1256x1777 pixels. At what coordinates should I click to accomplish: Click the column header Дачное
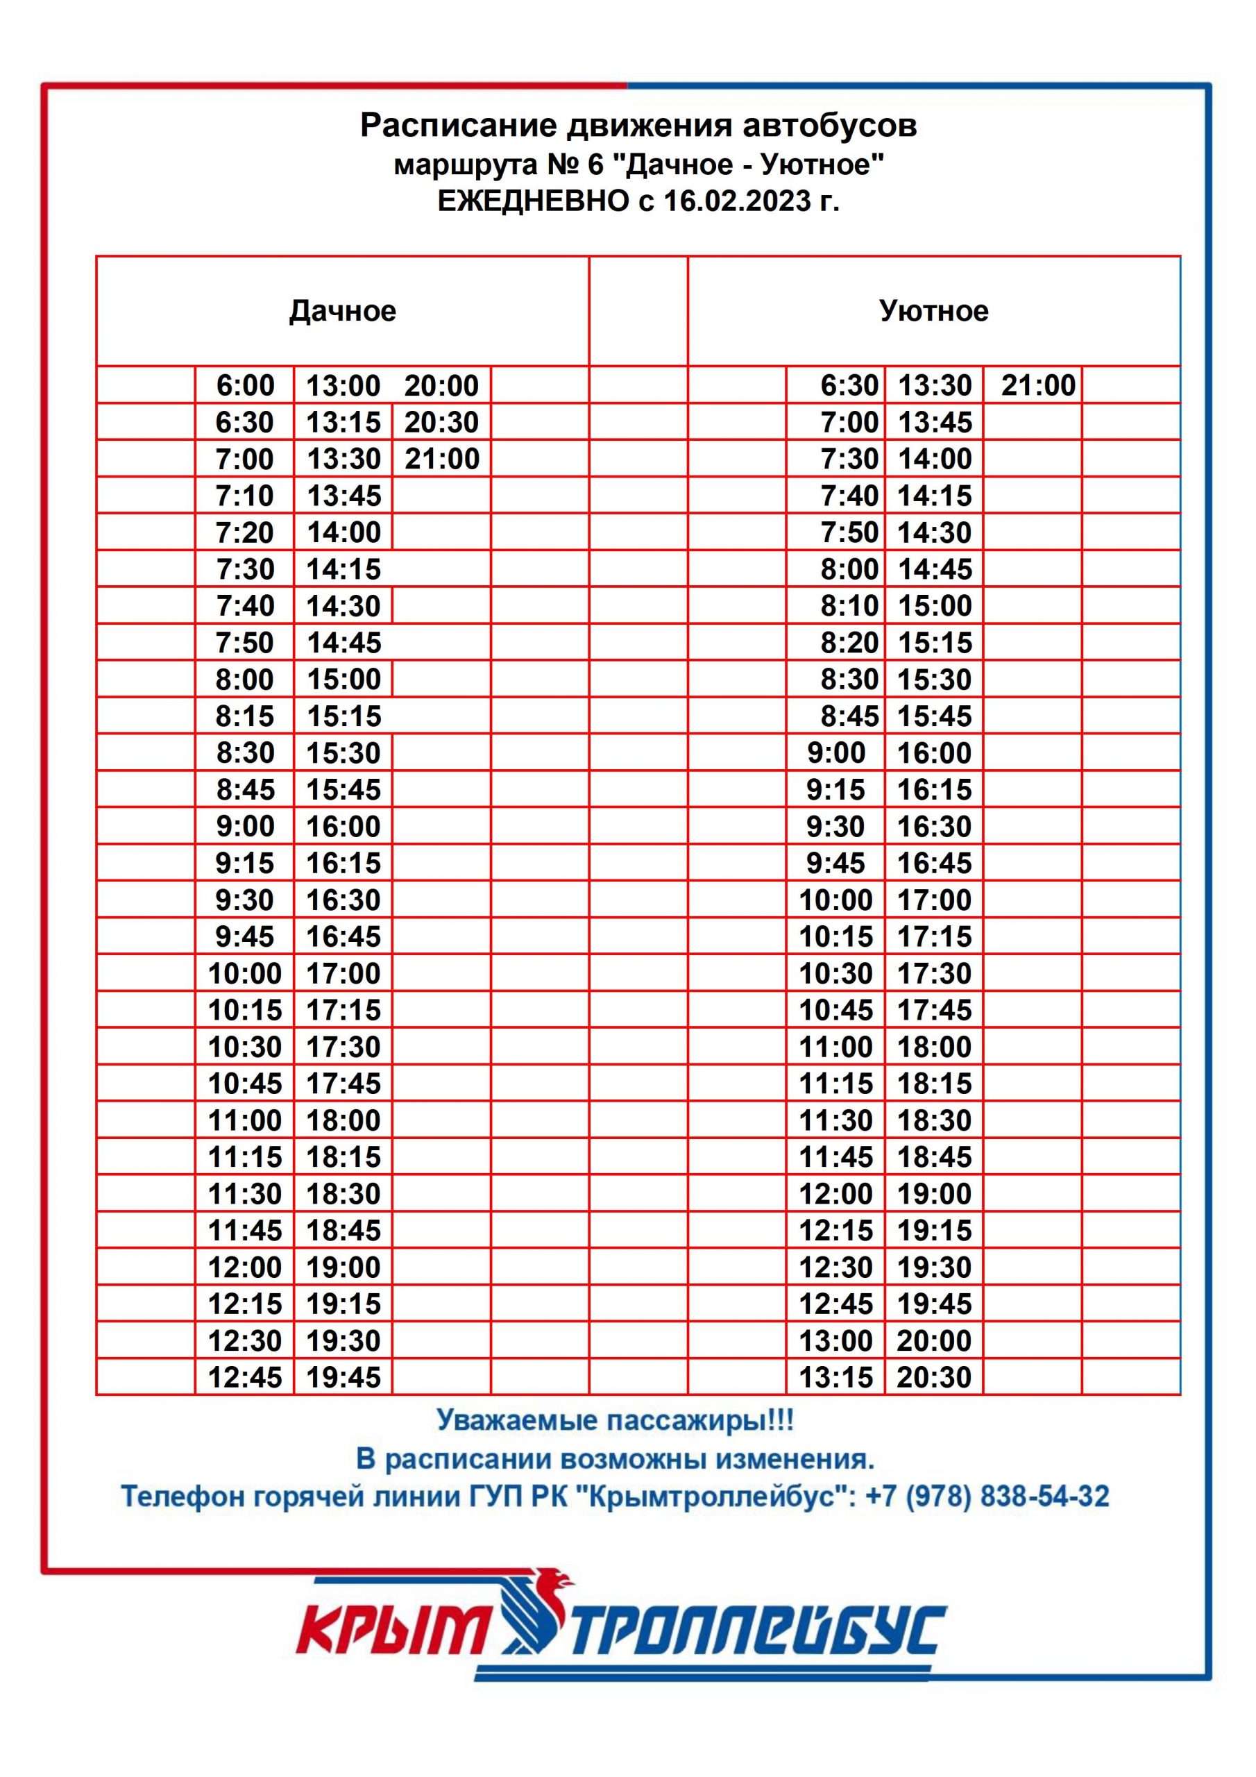(x=342, y=311)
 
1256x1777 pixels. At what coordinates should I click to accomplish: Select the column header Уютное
(x=933, y=311)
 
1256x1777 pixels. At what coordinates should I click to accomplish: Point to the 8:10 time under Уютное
(x=849, y=605)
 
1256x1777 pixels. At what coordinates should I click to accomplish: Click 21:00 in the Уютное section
(x=1038, y=385)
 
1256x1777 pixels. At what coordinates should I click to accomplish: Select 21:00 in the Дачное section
(x=442, y=459)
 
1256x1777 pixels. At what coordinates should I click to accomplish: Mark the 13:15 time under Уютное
(x=835, y=1377)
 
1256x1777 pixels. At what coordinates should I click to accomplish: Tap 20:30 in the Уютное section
(x=934, y=1377)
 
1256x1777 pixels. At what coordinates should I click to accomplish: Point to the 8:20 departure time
(x=849, y=642)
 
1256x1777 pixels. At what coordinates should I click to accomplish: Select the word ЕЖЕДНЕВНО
(x=533, y=201)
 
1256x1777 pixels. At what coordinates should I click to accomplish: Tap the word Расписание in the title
(x=458, y=126)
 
